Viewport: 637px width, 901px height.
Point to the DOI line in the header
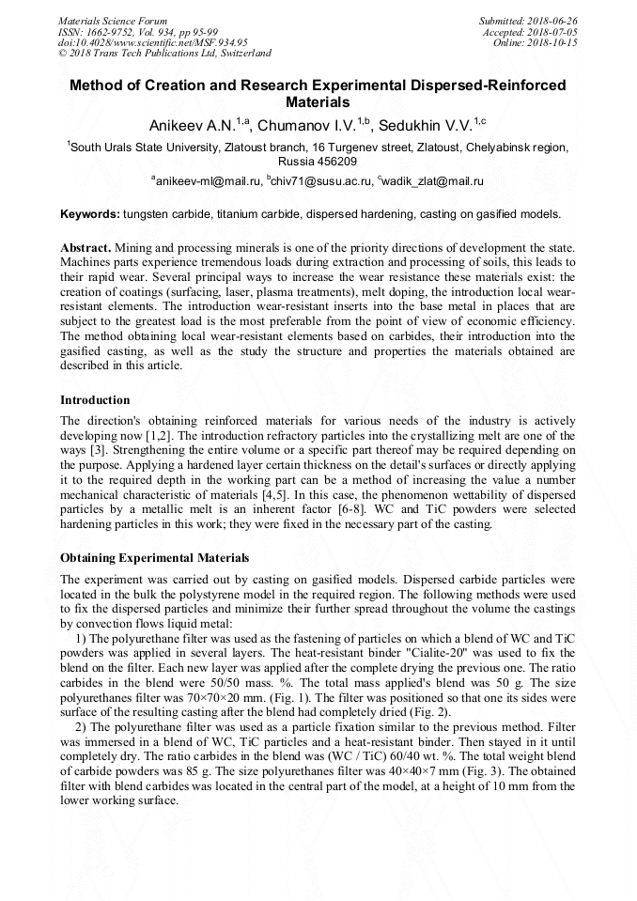click(152, 43)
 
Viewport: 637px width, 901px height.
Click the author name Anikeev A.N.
click(193, 124)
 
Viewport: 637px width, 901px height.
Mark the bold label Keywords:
click(90, 214)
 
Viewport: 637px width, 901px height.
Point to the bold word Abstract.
click(85, 245)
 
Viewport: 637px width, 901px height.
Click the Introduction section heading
click(95, 400)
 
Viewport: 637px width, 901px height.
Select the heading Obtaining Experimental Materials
click(155, 558)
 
